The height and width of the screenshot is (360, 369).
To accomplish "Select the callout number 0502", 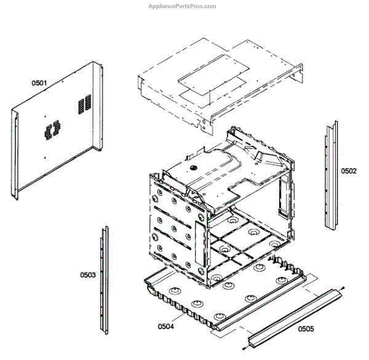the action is [x=348, y=171].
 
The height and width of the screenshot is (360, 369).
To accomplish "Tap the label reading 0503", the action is [x=87, y=274].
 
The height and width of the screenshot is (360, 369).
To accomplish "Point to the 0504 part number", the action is [x=166, y=326].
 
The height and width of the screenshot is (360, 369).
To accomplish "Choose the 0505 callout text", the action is [x=306, y=329].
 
